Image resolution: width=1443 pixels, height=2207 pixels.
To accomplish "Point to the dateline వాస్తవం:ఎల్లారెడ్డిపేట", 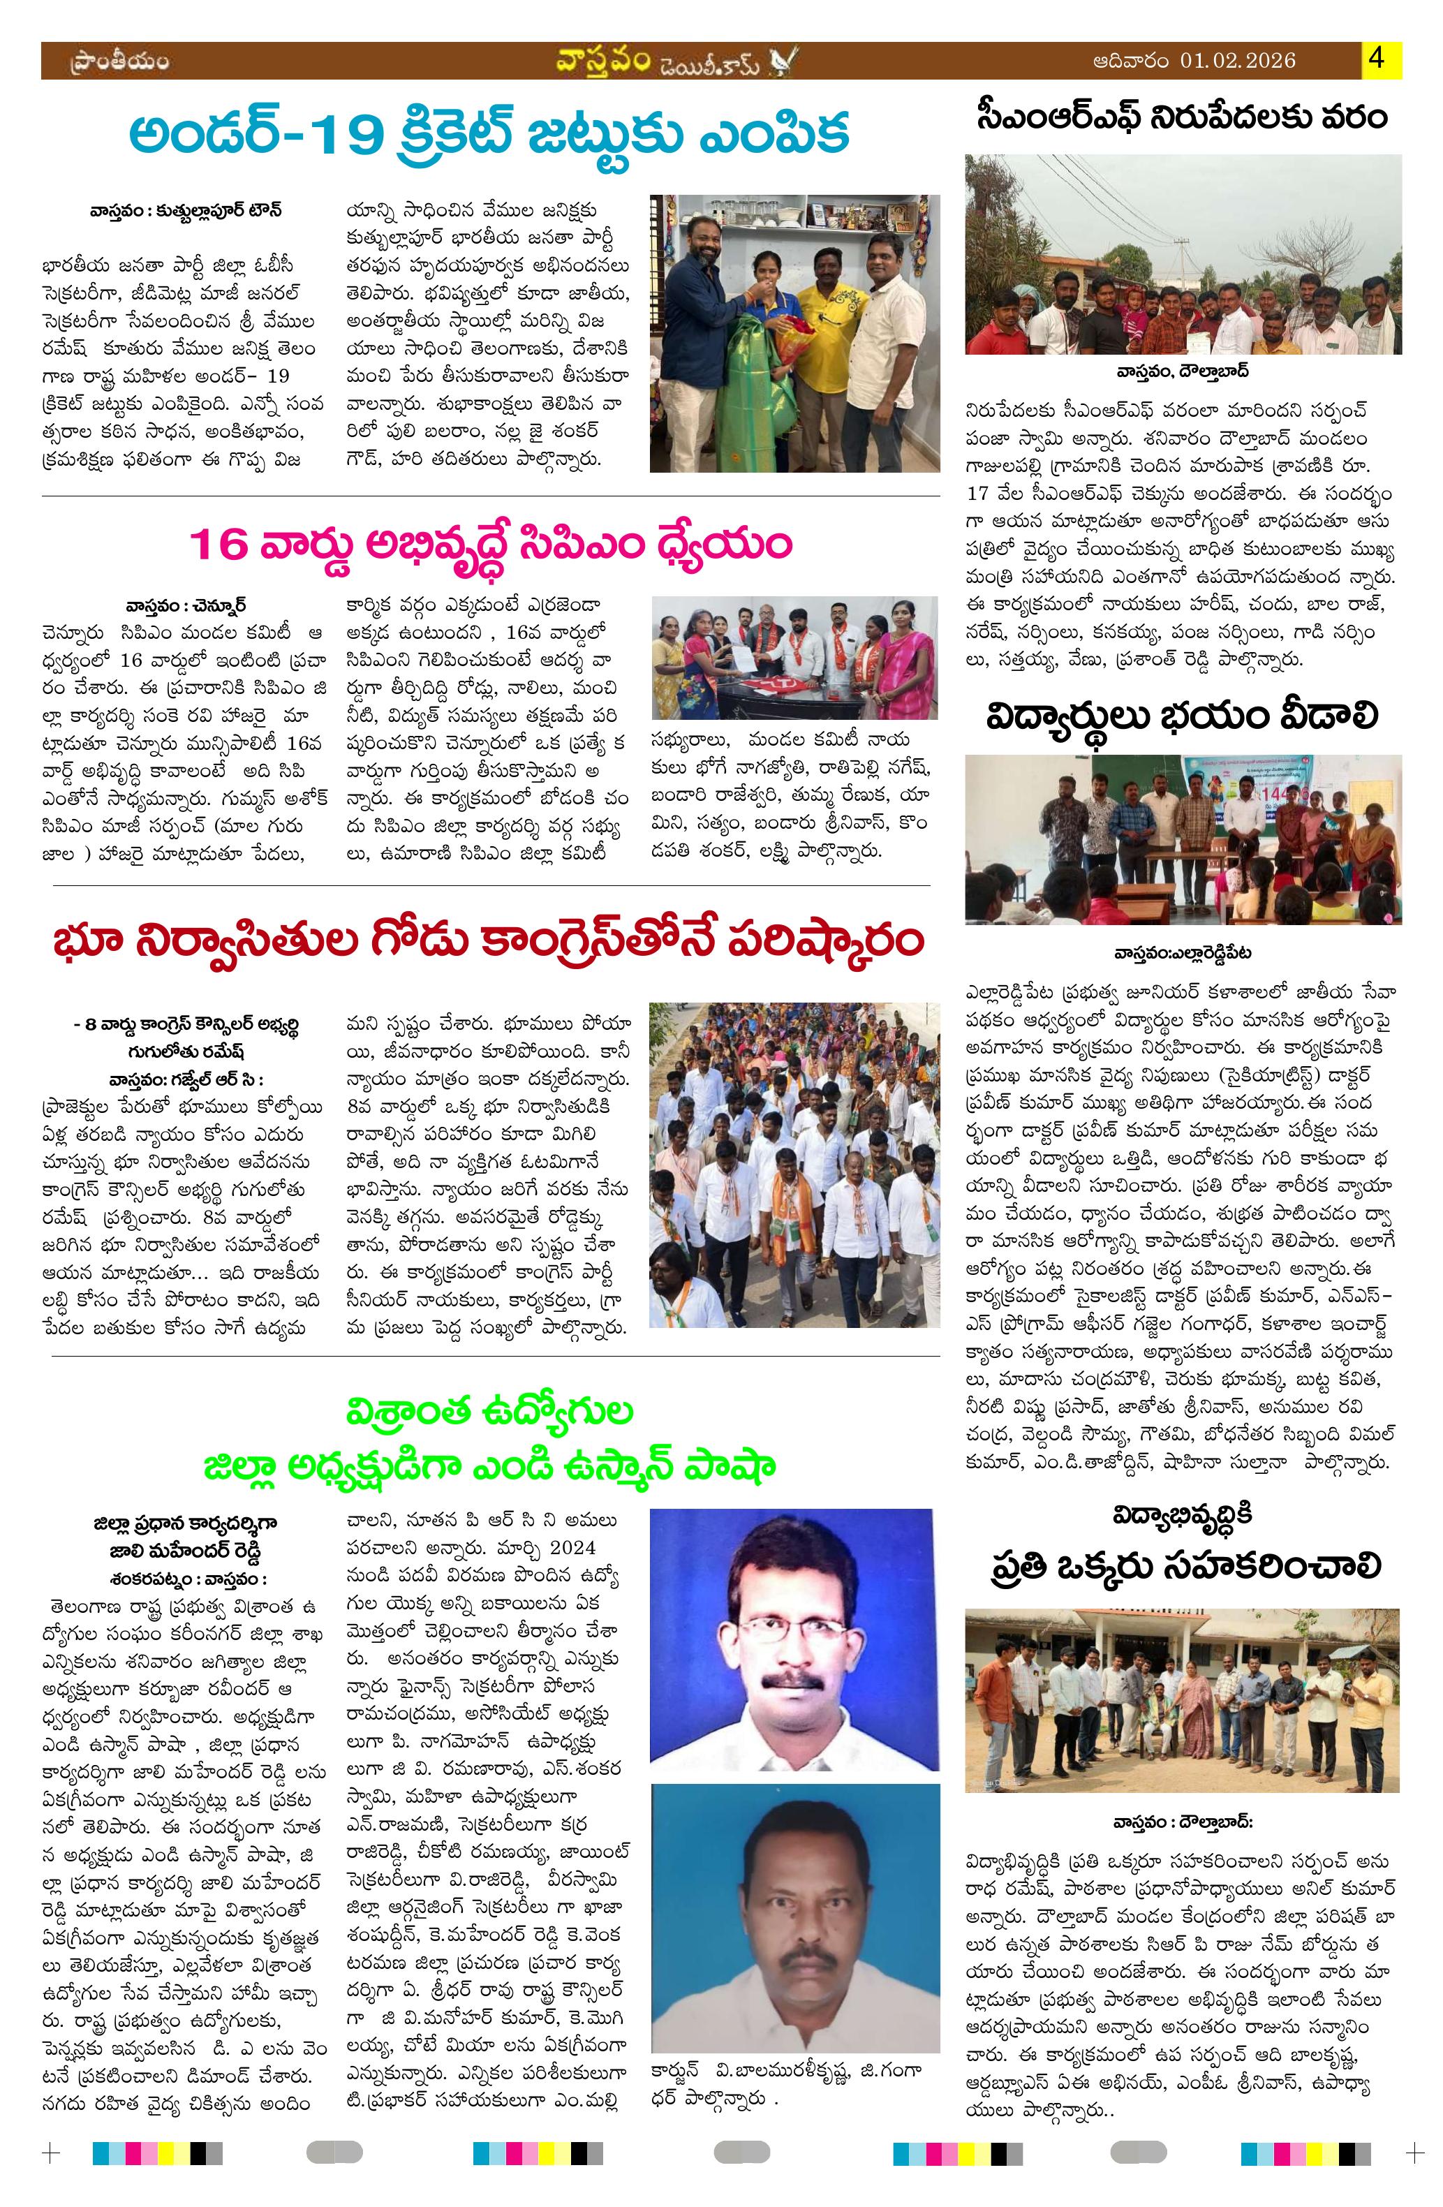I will pyautogui.click(x=1183, y=952).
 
